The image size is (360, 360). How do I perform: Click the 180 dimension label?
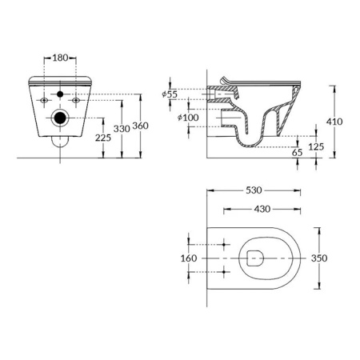pos(61,58)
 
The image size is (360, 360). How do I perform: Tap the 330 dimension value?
pos(122,128)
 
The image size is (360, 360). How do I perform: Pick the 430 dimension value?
pos(262,210)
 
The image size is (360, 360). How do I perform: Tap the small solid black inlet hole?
pos(59,95)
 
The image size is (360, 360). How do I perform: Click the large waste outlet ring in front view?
pos(59,121)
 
